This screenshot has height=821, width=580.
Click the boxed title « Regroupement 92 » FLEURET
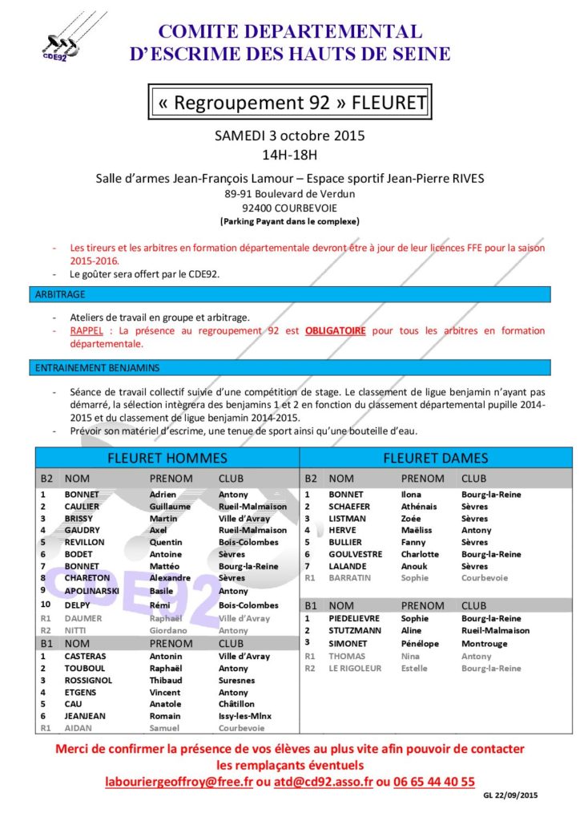[x=289, y=103]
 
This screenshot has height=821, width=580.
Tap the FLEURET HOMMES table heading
[x=167, y=459]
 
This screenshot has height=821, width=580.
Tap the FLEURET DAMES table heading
[x=435, y=459]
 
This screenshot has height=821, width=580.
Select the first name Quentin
[x=167, y=542]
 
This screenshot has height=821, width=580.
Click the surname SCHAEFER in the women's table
[x=352, y=507]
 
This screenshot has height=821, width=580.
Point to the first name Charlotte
[x=420, y=554]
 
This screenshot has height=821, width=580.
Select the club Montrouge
[x=485, y=643]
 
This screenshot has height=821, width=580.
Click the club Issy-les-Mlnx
[x=245, y=716]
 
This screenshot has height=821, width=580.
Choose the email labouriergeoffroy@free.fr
[x=178, y=781]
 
